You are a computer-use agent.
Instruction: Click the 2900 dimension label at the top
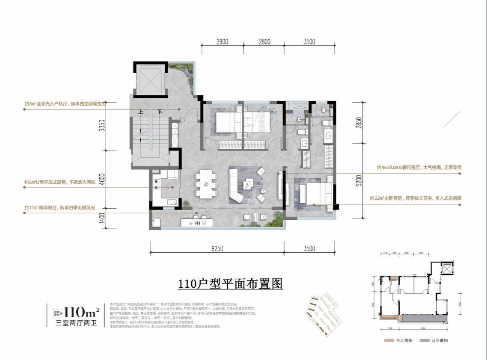point(222,41)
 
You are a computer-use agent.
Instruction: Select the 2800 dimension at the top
point(264,41)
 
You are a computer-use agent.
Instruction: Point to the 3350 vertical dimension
point(101,126)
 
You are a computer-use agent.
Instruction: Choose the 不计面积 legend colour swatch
point(389,340)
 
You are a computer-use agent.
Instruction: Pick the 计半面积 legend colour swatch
point(425,340)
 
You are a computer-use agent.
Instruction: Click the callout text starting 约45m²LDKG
point(419,168)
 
